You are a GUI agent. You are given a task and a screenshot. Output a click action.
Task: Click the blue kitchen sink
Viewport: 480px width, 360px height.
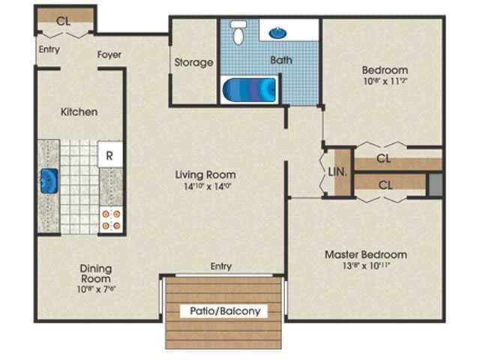pyautogui.click(x=49, y=181)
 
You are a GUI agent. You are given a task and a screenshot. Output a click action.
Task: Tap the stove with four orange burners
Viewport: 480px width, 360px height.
pyautogui.click(x=110, y=219)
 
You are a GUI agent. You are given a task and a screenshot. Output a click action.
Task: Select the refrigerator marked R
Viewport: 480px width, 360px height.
pyautogui.click(x=109, y=156)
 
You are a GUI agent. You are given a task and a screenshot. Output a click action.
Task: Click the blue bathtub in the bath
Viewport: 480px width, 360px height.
pyautogui.click(x=250, y=90)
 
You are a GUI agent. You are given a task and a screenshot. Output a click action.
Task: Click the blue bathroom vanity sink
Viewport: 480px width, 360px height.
pyautogui.click(x=277, y=33)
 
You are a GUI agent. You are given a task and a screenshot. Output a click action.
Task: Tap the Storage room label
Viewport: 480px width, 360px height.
pyautogui.click(x=194, y=62)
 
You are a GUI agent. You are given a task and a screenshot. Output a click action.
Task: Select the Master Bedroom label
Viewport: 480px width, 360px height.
pyautogui.click(x=366, y=254)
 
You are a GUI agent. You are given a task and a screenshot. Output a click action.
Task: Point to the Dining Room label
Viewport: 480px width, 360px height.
pyautogui.click(x=96, y=273)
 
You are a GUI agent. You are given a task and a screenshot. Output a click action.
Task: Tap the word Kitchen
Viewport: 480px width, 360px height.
pyautogui.click(x=79, y=112)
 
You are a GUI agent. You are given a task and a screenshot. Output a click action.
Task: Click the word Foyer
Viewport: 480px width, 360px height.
pyautogui.click(x=109, y=55)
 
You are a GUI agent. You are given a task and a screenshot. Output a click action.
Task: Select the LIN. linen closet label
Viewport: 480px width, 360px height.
pyautogui.click(x=337, y=172)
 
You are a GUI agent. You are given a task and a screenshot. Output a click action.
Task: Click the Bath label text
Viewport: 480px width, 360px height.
pyautogui.click(x=282, y=60)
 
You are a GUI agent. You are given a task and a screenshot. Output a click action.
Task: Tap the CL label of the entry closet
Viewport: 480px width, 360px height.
pyautogui.click(x=64, y=21)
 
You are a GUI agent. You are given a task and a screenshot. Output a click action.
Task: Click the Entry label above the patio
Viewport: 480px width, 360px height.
pyautogui.click(x=221, y=266)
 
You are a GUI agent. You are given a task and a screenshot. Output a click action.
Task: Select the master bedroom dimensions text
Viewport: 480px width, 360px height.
pyautogui.click(x=366, y=265)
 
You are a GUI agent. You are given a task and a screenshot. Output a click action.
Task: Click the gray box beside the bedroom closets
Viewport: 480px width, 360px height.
pyautogui.click(x=434, y=185)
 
